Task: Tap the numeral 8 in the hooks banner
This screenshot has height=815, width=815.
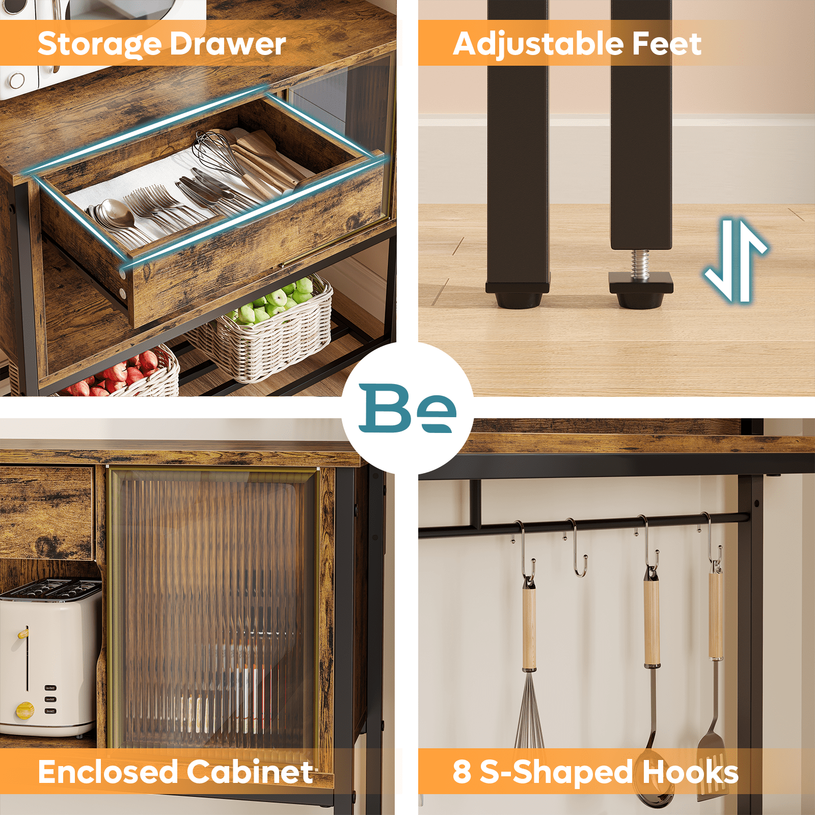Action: coord(461,772)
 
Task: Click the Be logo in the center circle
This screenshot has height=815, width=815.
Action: coord(407,408)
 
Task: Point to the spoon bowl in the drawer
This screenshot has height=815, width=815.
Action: coord(117,213)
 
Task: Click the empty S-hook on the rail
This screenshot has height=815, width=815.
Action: coord(577,548)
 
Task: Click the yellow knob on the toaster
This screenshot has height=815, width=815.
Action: coord(24,710)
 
